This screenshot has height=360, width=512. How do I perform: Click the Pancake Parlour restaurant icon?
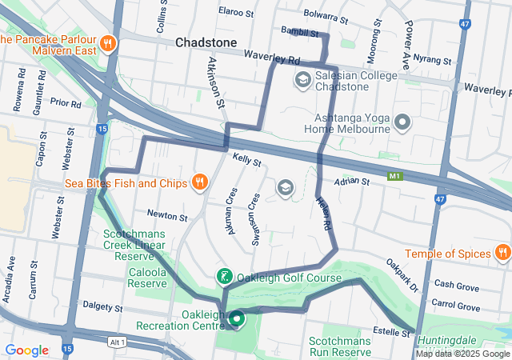pos(108,42)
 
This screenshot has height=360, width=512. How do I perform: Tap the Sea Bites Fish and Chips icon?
pos(200,182)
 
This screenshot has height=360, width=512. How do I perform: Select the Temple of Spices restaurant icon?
pos(502,254)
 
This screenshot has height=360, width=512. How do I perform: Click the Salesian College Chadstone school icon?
pos(303,78)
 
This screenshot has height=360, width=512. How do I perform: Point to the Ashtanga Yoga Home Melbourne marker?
pos(402,122)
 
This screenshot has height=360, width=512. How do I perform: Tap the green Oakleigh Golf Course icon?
pos(225,278)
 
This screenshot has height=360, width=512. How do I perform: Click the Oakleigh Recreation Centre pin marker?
pos(237,320)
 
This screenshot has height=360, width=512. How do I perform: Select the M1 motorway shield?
pos(394,175)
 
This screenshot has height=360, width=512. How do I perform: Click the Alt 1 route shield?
pos(118,342)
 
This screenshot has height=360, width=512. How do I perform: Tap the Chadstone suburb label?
pos(206,42)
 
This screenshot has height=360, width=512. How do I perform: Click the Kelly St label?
pos(247,161)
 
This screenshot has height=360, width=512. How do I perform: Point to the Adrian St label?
pos(352,182)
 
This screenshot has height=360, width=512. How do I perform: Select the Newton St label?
pos(166,215)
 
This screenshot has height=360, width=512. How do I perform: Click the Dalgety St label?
pos(102,307)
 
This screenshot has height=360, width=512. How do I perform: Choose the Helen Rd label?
pos(323,215)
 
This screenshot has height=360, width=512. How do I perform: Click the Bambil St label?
pos(300,32)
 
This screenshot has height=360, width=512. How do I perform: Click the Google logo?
pos(26,350)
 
